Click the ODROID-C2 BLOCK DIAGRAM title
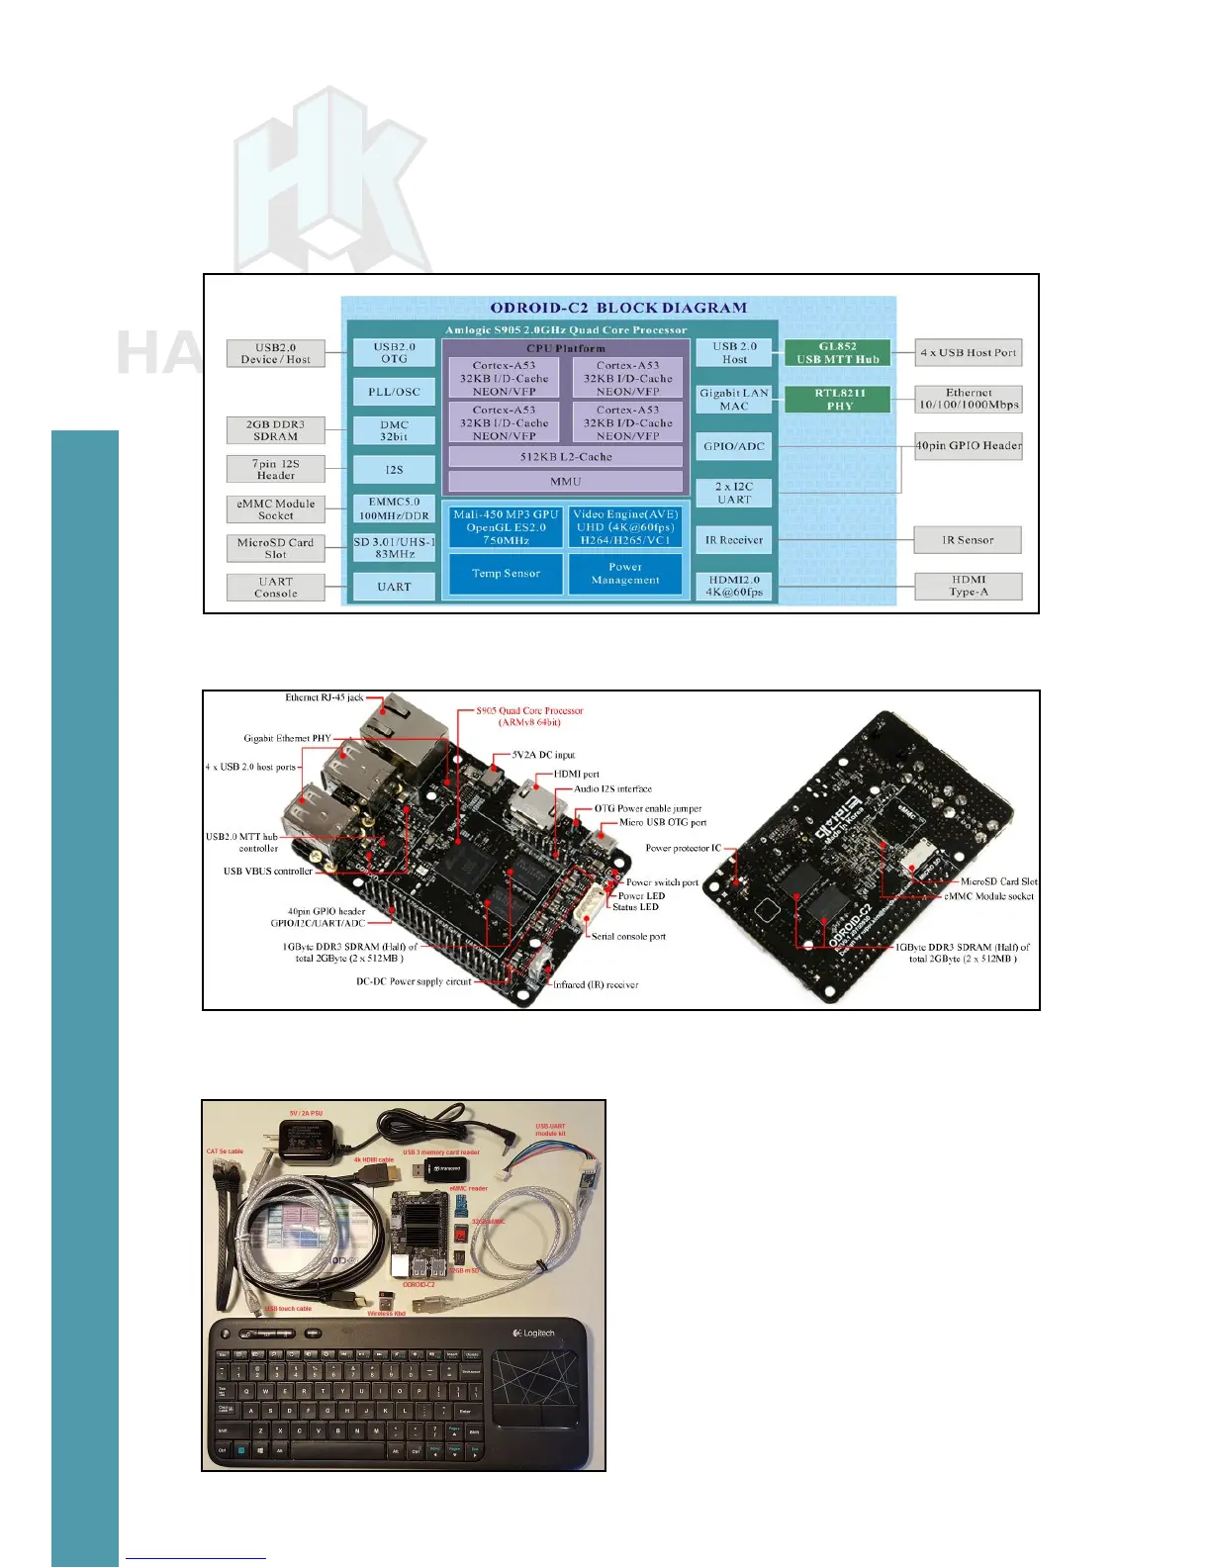(x=618, y=308)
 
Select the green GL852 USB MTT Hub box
(x=837, y=353)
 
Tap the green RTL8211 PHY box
(x=839, y=399)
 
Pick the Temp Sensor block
(x=506, y=574)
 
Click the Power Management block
(x=625, y=574)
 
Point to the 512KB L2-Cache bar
(x=566, y=457)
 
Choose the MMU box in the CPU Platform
(x=566, y=482)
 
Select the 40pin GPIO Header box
(x=968, y=446)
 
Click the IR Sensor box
(x=968, y=540)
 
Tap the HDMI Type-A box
(x=968, y=587)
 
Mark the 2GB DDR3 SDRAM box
(x=275, y=430)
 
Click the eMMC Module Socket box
(x=275, y=509)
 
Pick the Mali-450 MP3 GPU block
(x=506, y=527)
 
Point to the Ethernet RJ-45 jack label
(x=325, y=698)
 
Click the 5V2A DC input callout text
(x=543, y=755)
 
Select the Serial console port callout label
(x=628, y=936)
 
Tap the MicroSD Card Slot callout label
(x=999, y=881)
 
